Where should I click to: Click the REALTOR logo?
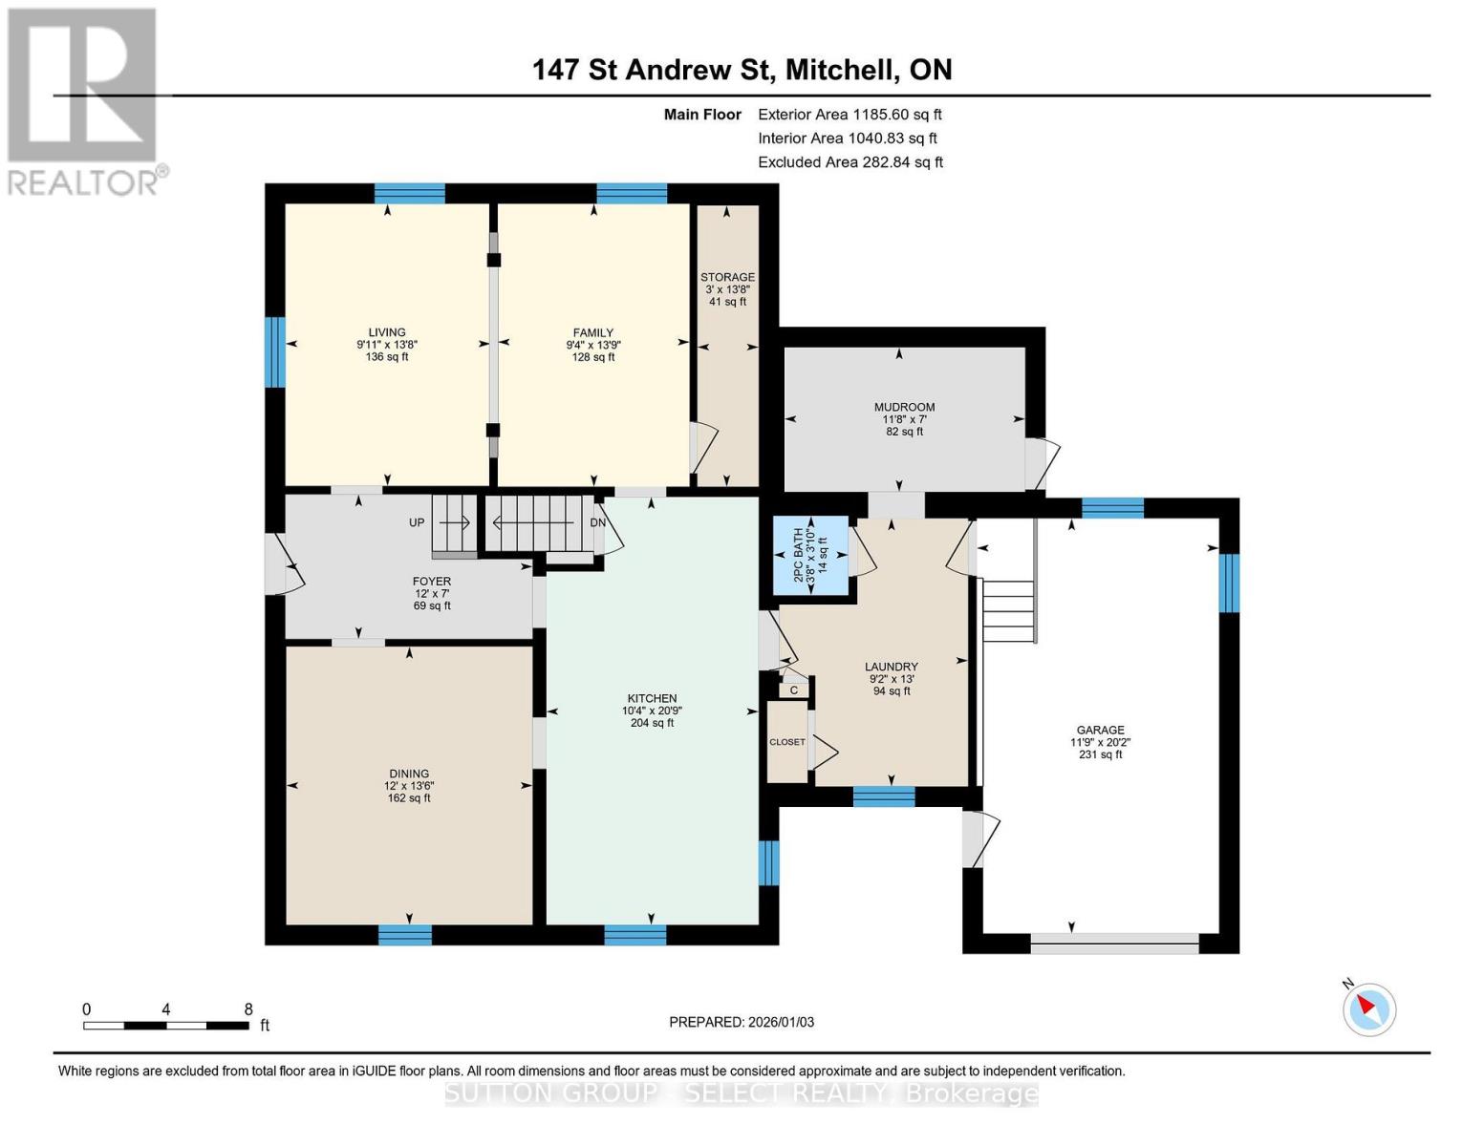[x=84, y=100]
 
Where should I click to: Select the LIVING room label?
[x=387, y=333]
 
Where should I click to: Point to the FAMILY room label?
[x=593, y=333]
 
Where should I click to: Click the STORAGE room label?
[x=727, y=278]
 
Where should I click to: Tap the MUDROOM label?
[x=904, y=407]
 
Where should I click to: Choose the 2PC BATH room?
[x=810, y=555]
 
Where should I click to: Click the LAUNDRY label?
[x=891, y=667]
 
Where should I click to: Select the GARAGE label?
[x=1100, y=730]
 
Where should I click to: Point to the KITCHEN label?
[x=652, y=698]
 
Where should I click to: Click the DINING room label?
[x=409, y=774]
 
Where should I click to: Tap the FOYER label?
[x=432, y=581]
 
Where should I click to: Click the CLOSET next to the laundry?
[x=787, y=742]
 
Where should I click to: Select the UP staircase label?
[x=417, y=522]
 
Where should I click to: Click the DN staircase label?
[x=597, y=522]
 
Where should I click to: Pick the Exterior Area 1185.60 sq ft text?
[x=850, y=115]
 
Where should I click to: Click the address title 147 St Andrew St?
[x=742, y=70]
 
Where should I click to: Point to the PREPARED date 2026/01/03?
[x=742, y=1022]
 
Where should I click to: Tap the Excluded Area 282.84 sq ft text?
[x=850, y=162]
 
